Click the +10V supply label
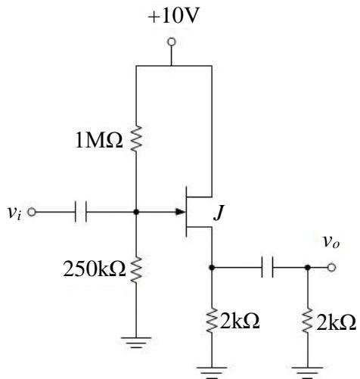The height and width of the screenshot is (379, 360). [x=173, y=16]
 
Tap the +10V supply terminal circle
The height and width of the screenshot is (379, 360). [x=172, y=42]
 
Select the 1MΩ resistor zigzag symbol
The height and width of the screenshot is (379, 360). [x=136, y=138]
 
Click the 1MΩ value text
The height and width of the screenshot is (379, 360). [x=99, y=141]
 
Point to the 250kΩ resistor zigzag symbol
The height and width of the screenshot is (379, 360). [x=136, y=270]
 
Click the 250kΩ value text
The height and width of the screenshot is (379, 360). [x=95, y=269]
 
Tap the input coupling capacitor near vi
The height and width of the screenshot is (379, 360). [x=81, y=212]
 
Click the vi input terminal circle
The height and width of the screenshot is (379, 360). [x=32, y=212]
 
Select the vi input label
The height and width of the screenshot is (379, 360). [x=14, y=213]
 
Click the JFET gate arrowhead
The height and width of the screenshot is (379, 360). [x=181, y=212]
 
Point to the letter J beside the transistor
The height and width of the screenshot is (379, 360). [x=219, y=213]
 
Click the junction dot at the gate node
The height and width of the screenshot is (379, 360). [x=136, y=212]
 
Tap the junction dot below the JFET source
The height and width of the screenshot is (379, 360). [x=212, y=267]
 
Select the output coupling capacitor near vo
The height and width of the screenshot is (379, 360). [x=267, y=267]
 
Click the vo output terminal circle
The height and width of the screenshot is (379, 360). [x=332, y=267]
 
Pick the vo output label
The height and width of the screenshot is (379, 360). [x=331, y=242]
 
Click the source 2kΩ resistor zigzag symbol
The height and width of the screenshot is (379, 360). [x=212, y=320]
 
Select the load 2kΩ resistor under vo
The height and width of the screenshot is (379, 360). [x=308, y=320]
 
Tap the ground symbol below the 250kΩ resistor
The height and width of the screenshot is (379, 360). [x=136, y=343]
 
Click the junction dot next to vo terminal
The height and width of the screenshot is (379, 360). [x=308, y=267]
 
